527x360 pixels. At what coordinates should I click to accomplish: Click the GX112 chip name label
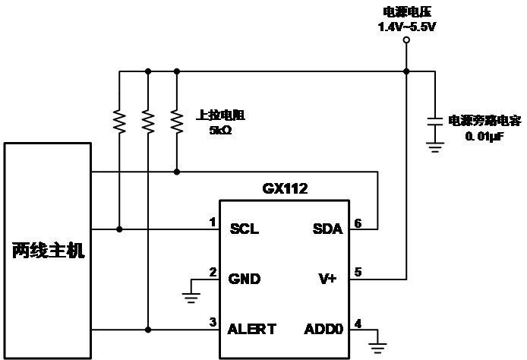pyautogui.click(x=285, y=188)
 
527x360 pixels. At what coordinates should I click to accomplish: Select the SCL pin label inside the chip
pyautogui.click(x=245, y=229)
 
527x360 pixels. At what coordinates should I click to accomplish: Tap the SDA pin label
pyautogui.click(x=328, y=229)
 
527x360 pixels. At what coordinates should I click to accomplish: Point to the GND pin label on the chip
pyautogui.click(x=245, y=279)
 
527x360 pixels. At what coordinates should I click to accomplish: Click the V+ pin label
pyautogui.click(x=327, y=279)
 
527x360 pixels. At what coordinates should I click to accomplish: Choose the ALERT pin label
pyautogui.click(x=252, y=329)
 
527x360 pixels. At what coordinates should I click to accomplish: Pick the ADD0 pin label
pyautogui.click(x=323, y=329)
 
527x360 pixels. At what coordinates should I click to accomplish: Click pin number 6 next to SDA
pyautogui.click(x=358, y=223)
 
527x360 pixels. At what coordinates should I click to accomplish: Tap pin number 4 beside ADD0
pyautogui.click(x=358, y=324)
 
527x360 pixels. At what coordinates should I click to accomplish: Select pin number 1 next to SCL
pyautogui.click(x=213, y=223)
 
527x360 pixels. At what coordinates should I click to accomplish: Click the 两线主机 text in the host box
pyautogui.click(x=49, y=251)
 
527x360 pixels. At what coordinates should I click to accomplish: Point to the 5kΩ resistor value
pyautogui.click(x=220, y=130)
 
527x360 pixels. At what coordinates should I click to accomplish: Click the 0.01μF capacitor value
pyautogui.click(x=484, y=137)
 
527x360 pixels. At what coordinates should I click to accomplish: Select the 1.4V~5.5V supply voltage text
pyautogui.click(x=407, y=27)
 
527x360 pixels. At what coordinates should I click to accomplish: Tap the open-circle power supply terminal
pyautogui.click(x=406, y=40)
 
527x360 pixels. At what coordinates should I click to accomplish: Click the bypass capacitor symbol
pyautogui.click(x=435, y=122)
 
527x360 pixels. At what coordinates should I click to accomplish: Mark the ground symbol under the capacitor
pyautogui.click(x=435, y=147)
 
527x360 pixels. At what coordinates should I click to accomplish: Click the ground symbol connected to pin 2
pyautogui.click(x=191, y=298)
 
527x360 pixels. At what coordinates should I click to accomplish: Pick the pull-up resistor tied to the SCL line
pyautogui.click(x=119, y=122)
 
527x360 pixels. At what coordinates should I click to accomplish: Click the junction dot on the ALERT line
pyautogui.click(x=148, y=330)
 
